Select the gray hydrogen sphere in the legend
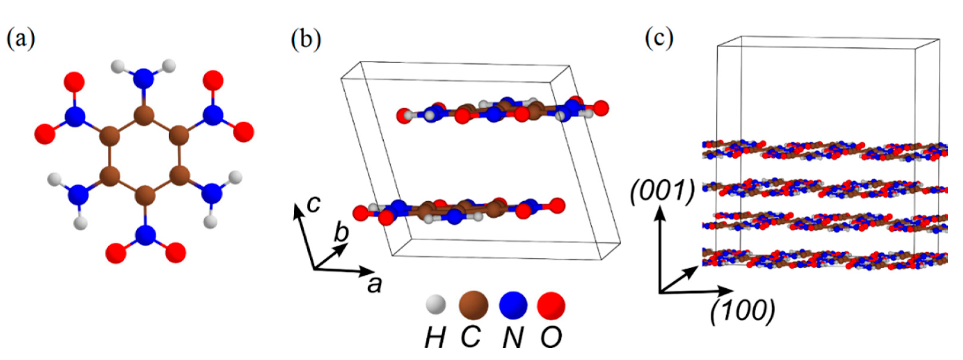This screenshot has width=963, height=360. pyautogui.click(x=436, y=304)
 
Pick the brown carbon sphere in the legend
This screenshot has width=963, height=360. pyautogui.click(x=473, y=305)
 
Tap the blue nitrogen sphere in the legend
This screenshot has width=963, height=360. pyautogui.click(x=513, y=305)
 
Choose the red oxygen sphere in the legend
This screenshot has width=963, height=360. pyautogui.click(x=551, y=305)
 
